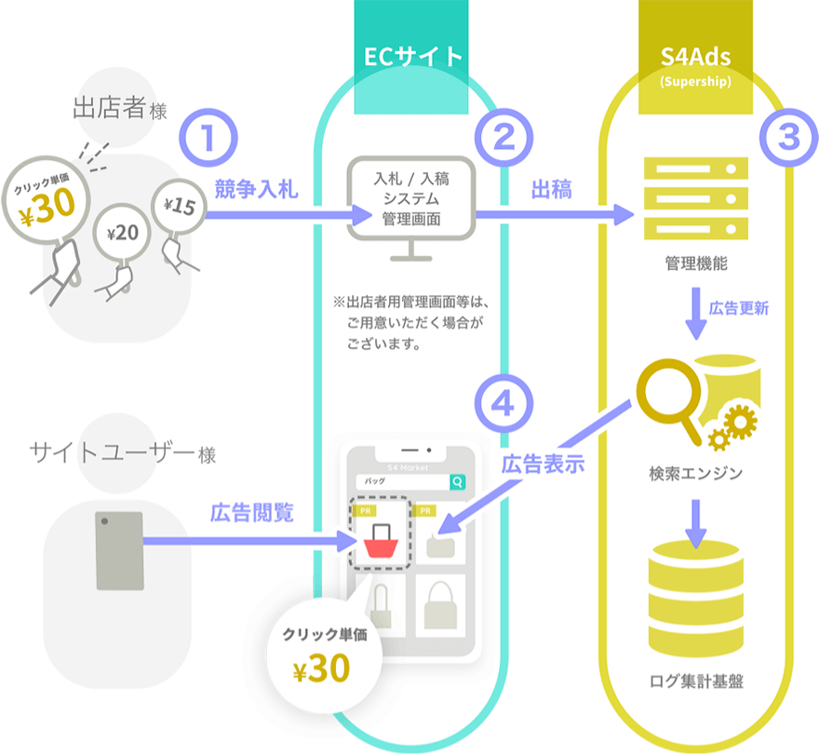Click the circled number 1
[210, 138]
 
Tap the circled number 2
[503, 138]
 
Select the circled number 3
[787, 138]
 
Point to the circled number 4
[503, 404]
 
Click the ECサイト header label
[413, 57]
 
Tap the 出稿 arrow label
[551, 190]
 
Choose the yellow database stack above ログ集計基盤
[695, 596]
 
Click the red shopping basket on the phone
[379, 539]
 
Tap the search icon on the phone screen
[457, 482]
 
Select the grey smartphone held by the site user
[120, 549]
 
